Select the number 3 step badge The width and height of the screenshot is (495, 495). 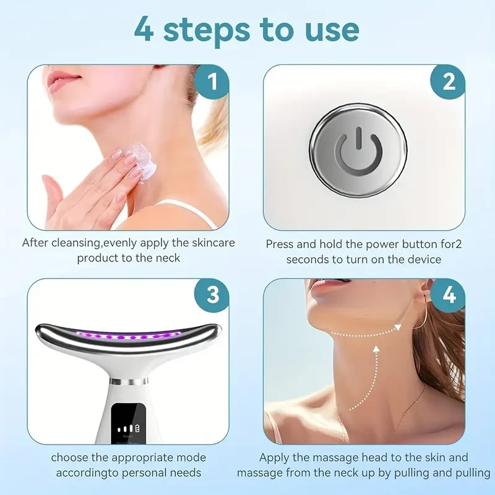pyautogui.click(x=212, y=295)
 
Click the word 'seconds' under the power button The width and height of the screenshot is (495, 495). pyautogui.click(x=308, y=259)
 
